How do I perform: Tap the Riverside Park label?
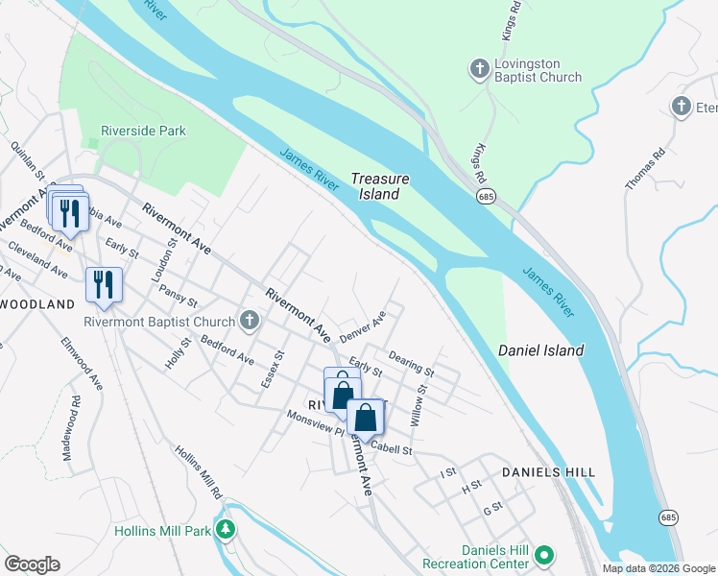click(x=143, y=131)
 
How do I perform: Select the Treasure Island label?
click(x=380, y=186)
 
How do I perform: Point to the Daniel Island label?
click(x=540, y=350)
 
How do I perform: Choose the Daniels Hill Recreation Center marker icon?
click(x=544, y=555)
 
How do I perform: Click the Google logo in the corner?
click(x=32, y=564)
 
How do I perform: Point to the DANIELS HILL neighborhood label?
click(x=548, y=472)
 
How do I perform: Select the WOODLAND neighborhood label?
click(x=36, y=303)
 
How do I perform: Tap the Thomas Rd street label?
click(x=645, y=168)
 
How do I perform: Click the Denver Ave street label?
click(x=363, y=326)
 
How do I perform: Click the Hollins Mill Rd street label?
click(x=199, y=470)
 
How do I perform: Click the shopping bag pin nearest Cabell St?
click(x=366, y=418)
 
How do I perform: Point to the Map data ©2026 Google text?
click(x=658, y=567)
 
